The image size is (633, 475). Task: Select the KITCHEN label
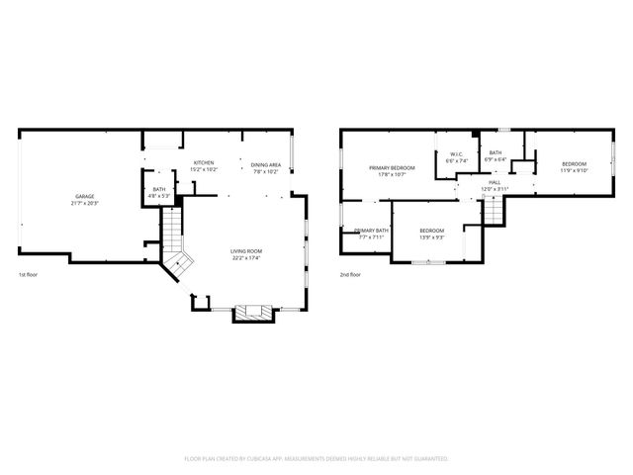click(x=204, y=162)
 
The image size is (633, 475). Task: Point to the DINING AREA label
click(x=265, y=164)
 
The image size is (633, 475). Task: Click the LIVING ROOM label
click(x=245, y=252)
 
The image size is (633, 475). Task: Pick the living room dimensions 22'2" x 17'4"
click(x=245, y=258)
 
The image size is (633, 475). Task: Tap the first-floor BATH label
click(x=159, y=189)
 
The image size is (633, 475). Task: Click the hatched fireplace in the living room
click(x=247, y=314)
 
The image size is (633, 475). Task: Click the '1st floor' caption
click(x=29, y=274)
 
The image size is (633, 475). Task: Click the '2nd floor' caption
click(x=351, y=274)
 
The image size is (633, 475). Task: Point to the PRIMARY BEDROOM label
click(x=392, y=168)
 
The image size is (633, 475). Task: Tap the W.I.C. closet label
click(x=456, y=153)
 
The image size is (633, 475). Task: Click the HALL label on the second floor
click(x=494, y=182)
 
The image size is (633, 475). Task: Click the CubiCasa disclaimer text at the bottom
click(x=316, y=459)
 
